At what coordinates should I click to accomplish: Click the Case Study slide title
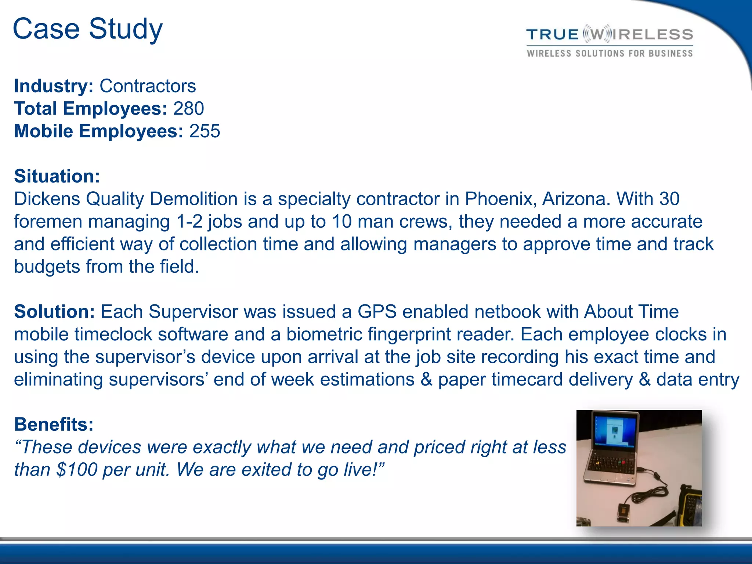pyautogui.click(x=87, y=29)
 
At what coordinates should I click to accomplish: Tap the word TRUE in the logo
pyautogui.click(x=552, y=35)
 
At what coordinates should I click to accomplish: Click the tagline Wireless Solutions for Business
pyautogui.click(x=610, y=54)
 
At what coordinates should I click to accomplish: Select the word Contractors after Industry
pyautogui.click(x=148, y=86)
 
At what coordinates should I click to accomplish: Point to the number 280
pyautogui.click(x=188, y=109)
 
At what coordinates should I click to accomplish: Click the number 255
pyautogui.click(x=205, y=131)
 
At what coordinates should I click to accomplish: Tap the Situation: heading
pyautogui.click(x=57, y=176)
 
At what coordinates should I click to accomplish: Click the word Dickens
pyautogui.click(x=47, y=199)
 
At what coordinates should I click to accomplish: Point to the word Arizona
pyautogui.click(x=576, y=199)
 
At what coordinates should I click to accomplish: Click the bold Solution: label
pyautogui.click(x=54, y=312)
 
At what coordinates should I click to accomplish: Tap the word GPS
pyautogui.click(x=377, y=312)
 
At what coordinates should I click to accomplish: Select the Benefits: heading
pyautogui.click(x=54, y=424)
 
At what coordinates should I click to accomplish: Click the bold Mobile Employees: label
pyautogui.click(x=98, y=131)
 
